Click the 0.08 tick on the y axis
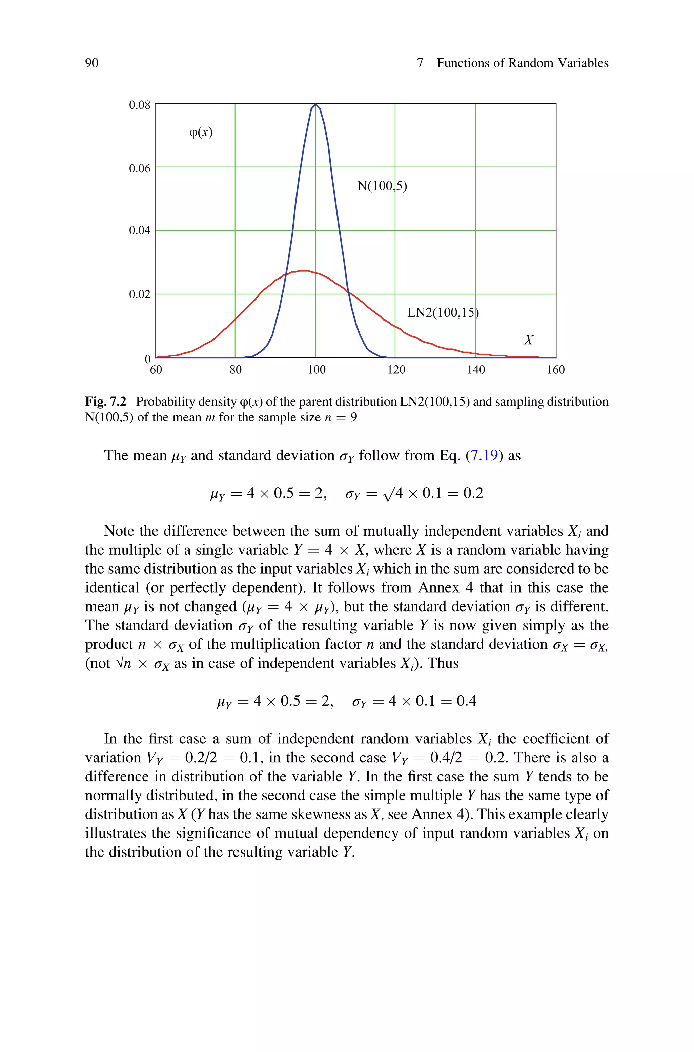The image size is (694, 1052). click(139, 105)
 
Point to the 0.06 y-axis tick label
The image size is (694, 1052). click(139, 168)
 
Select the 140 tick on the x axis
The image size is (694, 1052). click(476, 370)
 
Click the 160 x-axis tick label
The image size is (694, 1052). click(555, 370)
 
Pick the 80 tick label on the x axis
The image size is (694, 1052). click(236, 370)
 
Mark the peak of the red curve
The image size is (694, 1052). click(304, 271)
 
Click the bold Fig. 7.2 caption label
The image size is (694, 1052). click(106, 402)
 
